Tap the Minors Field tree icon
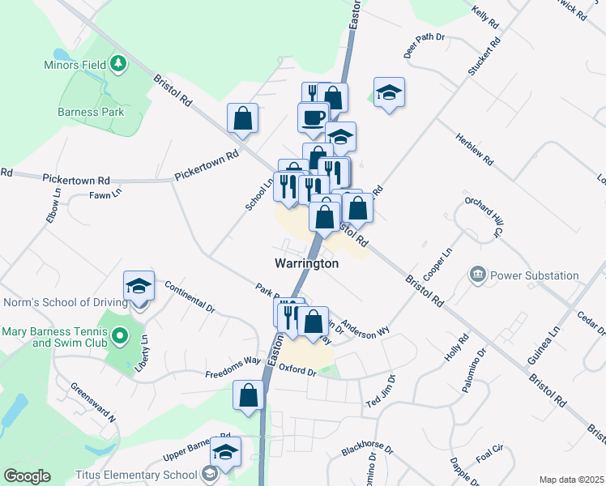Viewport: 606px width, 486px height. coord(118,62)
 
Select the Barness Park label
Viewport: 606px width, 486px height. coord(91,112)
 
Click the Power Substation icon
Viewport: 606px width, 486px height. coord(477,275)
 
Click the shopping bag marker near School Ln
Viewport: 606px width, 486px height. coord(242,119)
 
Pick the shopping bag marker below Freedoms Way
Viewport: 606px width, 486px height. coord(249,396)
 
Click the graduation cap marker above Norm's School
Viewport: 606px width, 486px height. coord(139,287)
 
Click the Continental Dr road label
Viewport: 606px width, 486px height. coord(190,296)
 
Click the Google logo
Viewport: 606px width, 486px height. coord(27,476)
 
